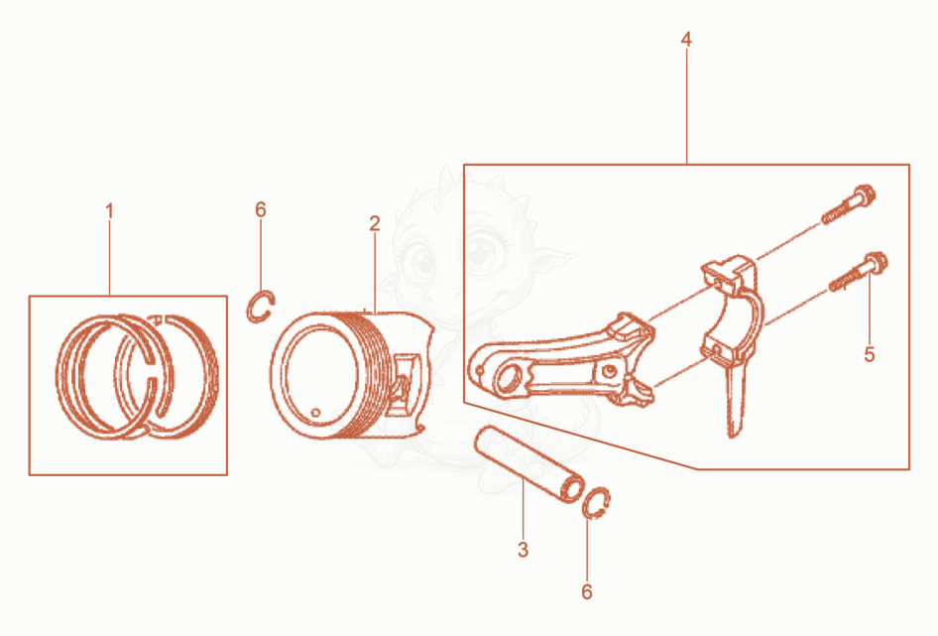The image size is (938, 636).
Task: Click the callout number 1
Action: (109, 211)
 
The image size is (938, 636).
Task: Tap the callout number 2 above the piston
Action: (375, 223)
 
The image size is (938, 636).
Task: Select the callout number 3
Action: (523, 549)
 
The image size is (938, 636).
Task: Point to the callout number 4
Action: (686, 40)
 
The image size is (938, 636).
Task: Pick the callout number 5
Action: (870, 354)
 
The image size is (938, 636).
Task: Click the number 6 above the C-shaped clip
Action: (260, 209)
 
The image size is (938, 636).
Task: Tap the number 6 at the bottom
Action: (587, 591)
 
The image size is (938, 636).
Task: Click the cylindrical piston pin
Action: (528, 463)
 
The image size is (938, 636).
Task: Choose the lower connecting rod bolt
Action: (859, 271)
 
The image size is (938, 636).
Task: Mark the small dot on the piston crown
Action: (315, 412)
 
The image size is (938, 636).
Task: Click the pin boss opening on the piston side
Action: (404, 383)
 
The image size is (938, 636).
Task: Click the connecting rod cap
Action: (731, 312)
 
